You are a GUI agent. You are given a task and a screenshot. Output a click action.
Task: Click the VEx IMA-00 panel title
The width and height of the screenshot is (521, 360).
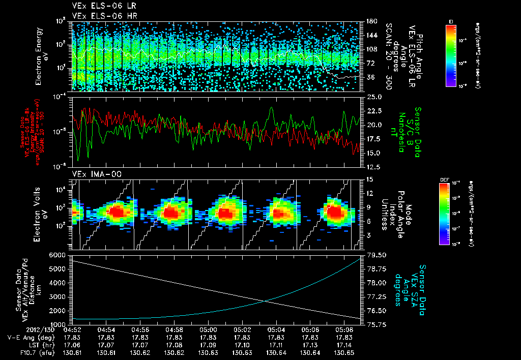click(x=92, y=174)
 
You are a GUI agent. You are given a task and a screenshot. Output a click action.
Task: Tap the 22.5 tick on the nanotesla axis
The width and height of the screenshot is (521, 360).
click(x=374, y=111)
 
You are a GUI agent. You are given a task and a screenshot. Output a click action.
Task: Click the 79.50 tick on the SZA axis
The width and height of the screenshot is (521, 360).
click(x=375, y=255)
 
